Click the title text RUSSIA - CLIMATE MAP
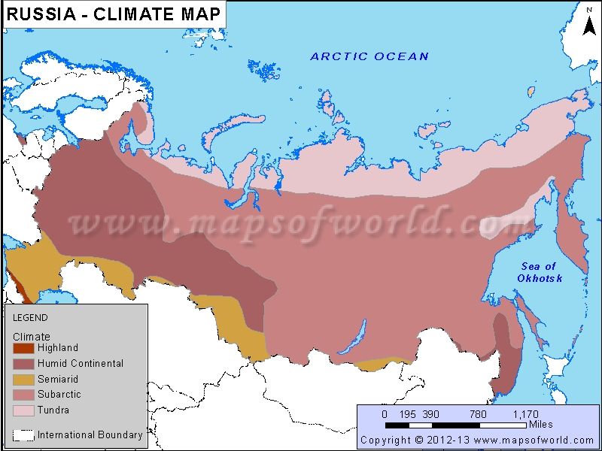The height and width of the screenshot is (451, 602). click(114, 14)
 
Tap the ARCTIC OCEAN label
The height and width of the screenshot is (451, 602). click(369, 56)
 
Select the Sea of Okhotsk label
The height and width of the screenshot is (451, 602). click(540, 272)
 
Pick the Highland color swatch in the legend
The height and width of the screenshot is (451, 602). click(23, 348)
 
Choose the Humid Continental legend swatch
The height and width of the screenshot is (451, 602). click(23, 364)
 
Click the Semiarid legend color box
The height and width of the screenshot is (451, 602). click(23, 380)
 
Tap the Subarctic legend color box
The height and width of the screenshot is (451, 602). click(23, 395)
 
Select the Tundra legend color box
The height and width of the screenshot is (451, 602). click(23, 410)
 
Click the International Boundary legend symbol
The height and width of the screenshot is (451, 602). click(23, 435)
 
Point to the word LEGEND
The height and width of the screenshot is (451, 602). click(30, 318)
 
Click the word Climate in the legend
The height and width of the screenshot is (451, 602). click(32, 337)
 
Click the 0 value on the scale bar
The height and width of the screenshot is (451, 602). click(385, 414)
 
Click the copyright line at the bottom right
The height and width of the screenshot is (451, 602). click(477, 440)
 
